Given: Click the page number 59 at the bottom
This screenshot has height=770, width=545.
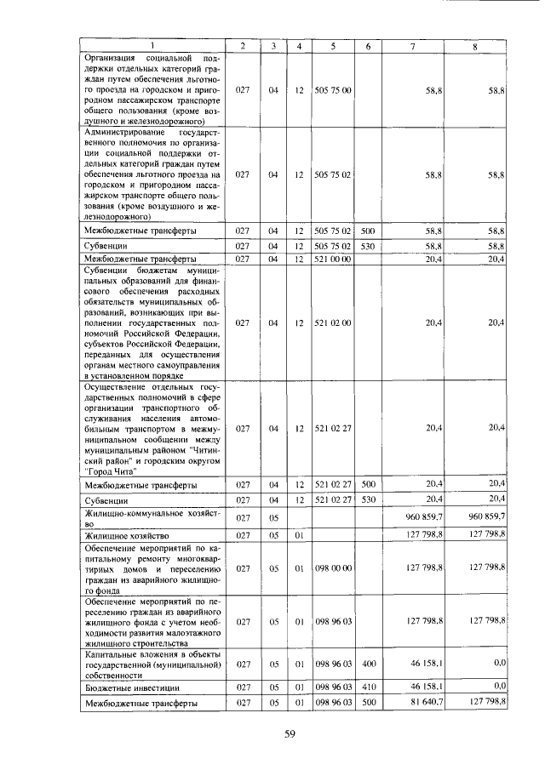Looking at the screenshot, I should [x=289, y=736].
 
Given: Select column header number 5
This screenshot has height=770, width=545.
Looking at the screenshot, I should [x=333, y=45].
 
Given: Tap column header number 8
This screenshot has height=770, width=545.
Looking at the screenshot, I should [x=475, y=45].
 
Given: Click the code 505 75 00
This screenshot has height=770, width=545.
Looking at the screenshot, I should [x=333, y=88].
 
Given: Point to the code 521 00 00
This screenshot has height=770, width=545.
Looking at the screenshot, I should [x=333, y=259].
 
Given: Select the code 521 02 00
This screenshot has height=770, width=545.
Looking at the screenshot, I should [x=333, y=322].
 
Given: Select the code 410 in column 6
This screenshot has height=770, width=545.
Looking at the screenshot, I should [x=368, y=685].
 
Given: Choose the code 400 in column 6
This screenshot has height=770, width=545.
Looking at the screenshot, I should [x=368, y=662].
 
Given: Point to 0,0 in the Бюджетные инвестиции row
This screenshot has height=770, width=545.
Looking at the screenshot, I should [x=500, y=685].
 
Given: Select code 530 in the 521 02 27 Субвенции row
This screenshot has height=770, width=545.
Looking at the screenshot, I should [x=368, y=500].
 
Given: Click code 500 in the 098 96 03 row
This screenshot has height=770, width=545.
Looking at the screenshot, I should [x=368, y=703].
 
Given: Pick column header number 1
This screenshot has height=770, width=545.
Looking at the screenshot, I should [x=152, y=45].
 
